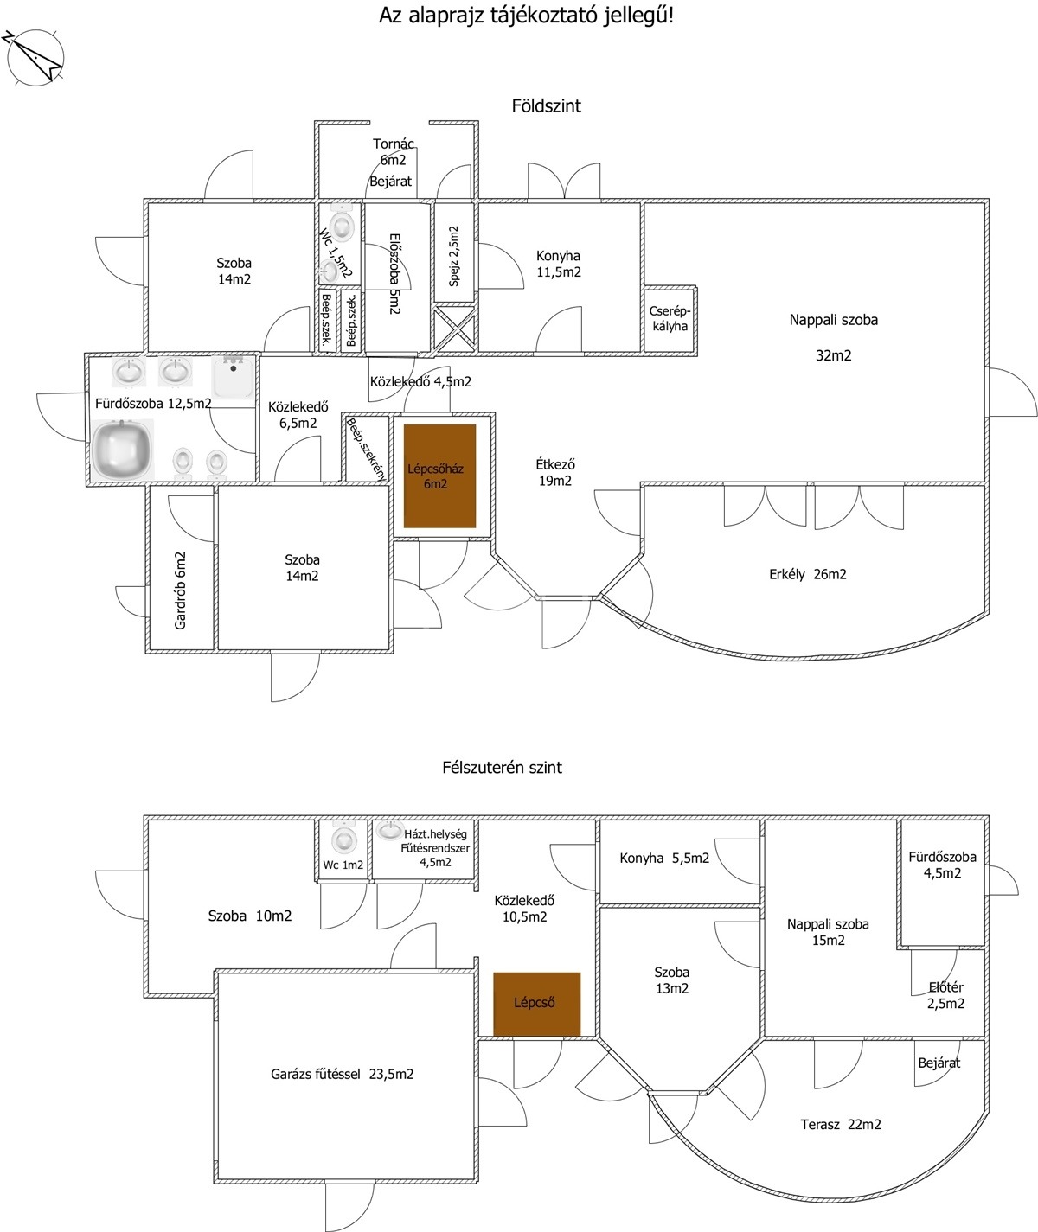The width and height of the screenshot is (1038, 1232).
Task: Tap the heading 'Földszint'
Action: (546, 106)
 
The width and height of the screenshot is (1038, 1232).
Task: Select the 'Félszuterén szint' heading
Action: (502, 768)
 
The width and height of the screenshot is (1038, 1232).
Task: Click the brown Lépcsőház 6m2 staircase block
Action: (440, 476)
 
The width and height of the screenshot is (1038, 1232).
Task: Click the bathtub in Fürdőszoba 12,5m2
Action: (122, 449)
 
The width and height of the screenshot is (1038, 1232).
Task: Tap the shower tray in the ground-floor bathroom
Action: (234, 377)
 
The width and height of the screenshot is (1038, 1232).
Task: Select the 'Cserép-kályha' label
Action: (670, 319)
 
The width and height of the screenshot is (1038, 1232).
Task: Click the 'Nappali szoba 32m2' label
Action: (834, 337)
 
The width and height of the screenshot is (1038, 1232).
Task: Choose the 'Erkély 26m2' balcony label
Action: (808, 574)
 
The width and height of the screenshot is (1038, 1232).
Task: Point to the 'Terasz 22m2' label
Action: (841, 1125)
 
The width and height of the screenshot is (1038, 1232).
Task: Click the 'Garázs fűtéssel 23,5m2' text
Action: (343, 1074)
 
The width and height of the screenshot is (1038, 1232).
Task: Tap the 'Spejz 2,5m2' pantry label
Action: (453, 256)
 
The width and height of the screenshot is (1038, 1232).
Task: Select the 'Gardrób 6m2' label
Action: (181, 590)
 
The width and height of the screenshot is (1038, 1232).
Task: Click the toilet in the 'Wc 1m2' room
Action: (343, 837)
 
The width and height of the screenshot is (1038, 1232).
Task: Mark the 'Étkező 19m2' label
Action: (555, 473)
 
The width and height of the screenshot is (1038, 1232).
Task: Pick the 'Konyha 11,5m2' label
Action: (558, 264)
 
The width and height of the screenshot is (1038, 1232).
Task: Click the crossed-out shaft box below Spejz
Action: (455, 328)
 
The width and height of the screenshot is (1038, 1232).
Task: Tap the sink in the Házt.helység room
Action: (390, 830)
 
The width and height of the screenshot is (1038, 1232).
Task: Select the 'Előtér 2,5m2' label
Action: (946, 995)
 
